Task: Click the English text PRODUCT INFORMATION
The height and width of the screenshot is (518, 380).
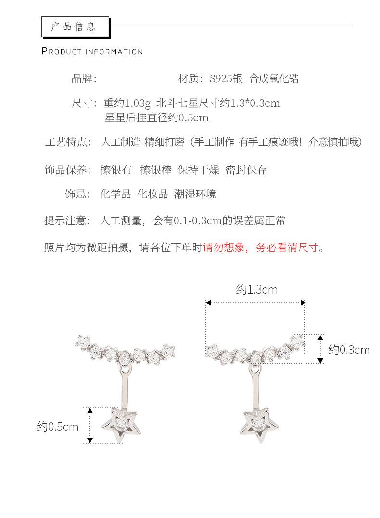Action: [x=92, y=52]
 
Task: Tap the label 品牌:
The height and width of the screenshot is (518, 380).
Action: [x=84, y=78]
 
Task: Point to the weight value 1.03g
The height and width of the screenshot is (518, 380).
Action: [x=138, y=103]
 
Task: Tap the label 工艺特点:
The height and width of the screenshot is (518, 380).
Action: [x=68, y=142]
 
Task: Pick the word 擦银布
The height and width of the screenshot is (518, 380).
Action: [x=115, y=170]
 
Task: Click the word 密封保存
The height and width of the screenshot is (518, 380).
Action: [x=246, y=170]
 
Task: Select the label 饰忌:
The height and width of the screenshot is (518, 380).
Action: [x=78, y=194]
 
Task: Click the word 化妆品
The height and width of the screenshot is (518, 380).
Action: [x=152, y=194]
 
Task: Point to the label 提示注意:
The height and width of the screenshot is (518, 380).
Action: [x=67, y=221]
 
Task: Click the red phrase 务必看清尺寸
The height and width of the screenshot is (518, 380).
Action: [x=287, y=248]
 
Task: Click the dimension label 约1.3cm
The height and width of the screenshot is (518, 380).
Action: [x=256, y=289]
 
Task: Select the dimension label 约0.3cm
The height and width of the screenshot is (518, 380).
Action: [x=349, y=350]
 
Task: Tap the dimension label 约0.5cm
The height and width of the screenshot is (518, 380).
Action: [x=57, y=427]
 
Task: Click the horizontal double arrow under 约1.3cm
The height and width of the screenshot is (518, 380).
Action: [x=256, y=303]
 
